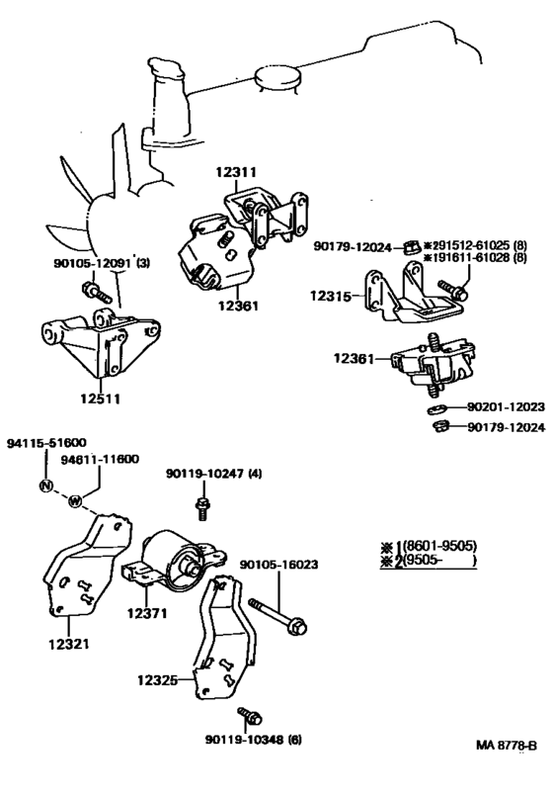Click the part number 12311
(236, 171)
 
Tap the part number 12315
(330, 296)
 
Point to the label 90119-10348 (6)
(242, 739)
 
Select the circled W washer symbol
(75, 502)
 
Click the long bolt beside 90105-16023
(279, 613)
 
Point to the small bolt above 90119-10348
(243, 715)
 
